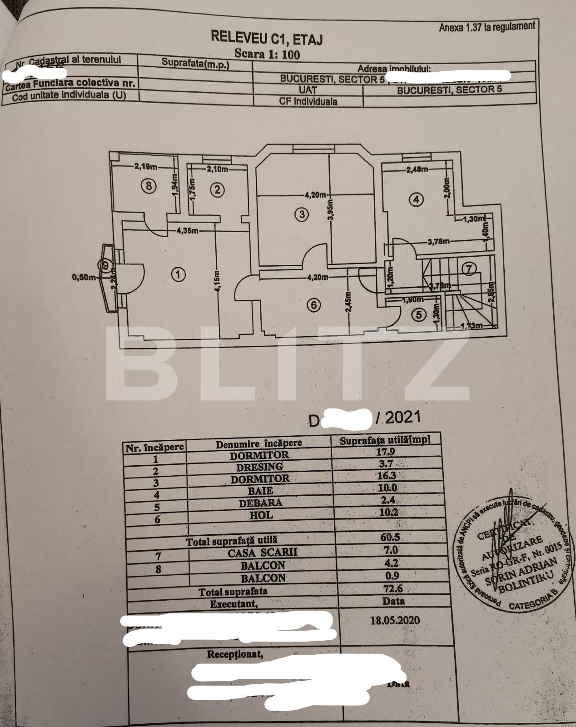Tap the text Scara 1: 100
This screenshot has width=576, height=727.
[267, 55]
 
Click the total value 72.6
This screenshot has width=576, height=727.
[391, 588]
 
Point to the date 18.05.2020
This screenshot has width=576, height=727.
[395, 620]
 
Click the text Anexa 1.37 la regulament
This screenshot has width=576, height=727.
[487, 27]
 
